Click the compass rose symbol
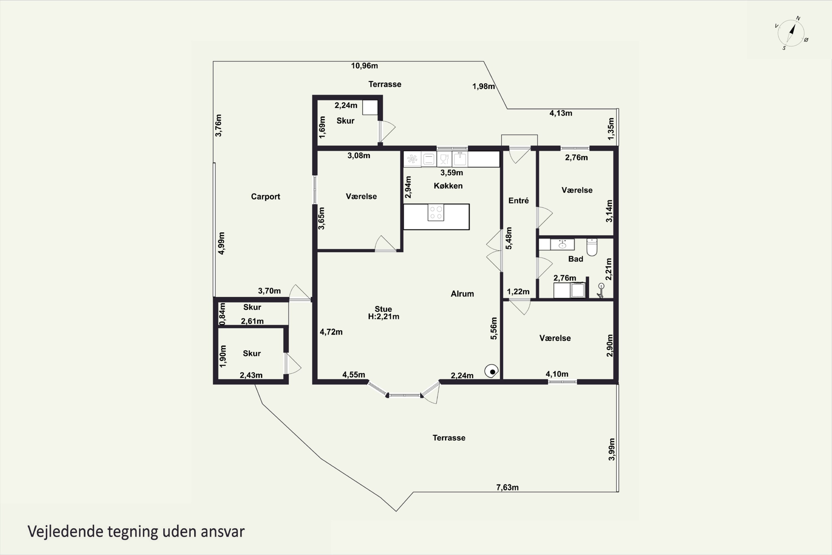791,33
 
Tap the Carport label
265,196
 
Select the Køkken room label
448,186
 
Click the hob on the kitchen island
436,212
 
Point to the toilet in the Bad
592,247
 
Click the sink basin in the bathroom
562,244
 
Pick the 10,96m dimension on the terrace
364,66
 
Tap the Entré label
519,201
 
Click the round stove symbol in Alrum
491,371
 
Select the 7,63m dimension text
507,487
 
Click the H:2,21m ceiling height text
384,317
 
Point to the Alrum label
462,294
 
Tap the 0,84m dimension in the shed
222,314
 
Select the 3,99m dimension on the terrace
612,450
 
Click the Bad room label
575,259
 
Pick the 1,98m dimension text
484,86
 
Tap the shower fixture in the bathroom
601,291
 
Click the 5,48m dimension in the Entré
509,238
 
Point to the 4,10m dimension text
557,374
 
